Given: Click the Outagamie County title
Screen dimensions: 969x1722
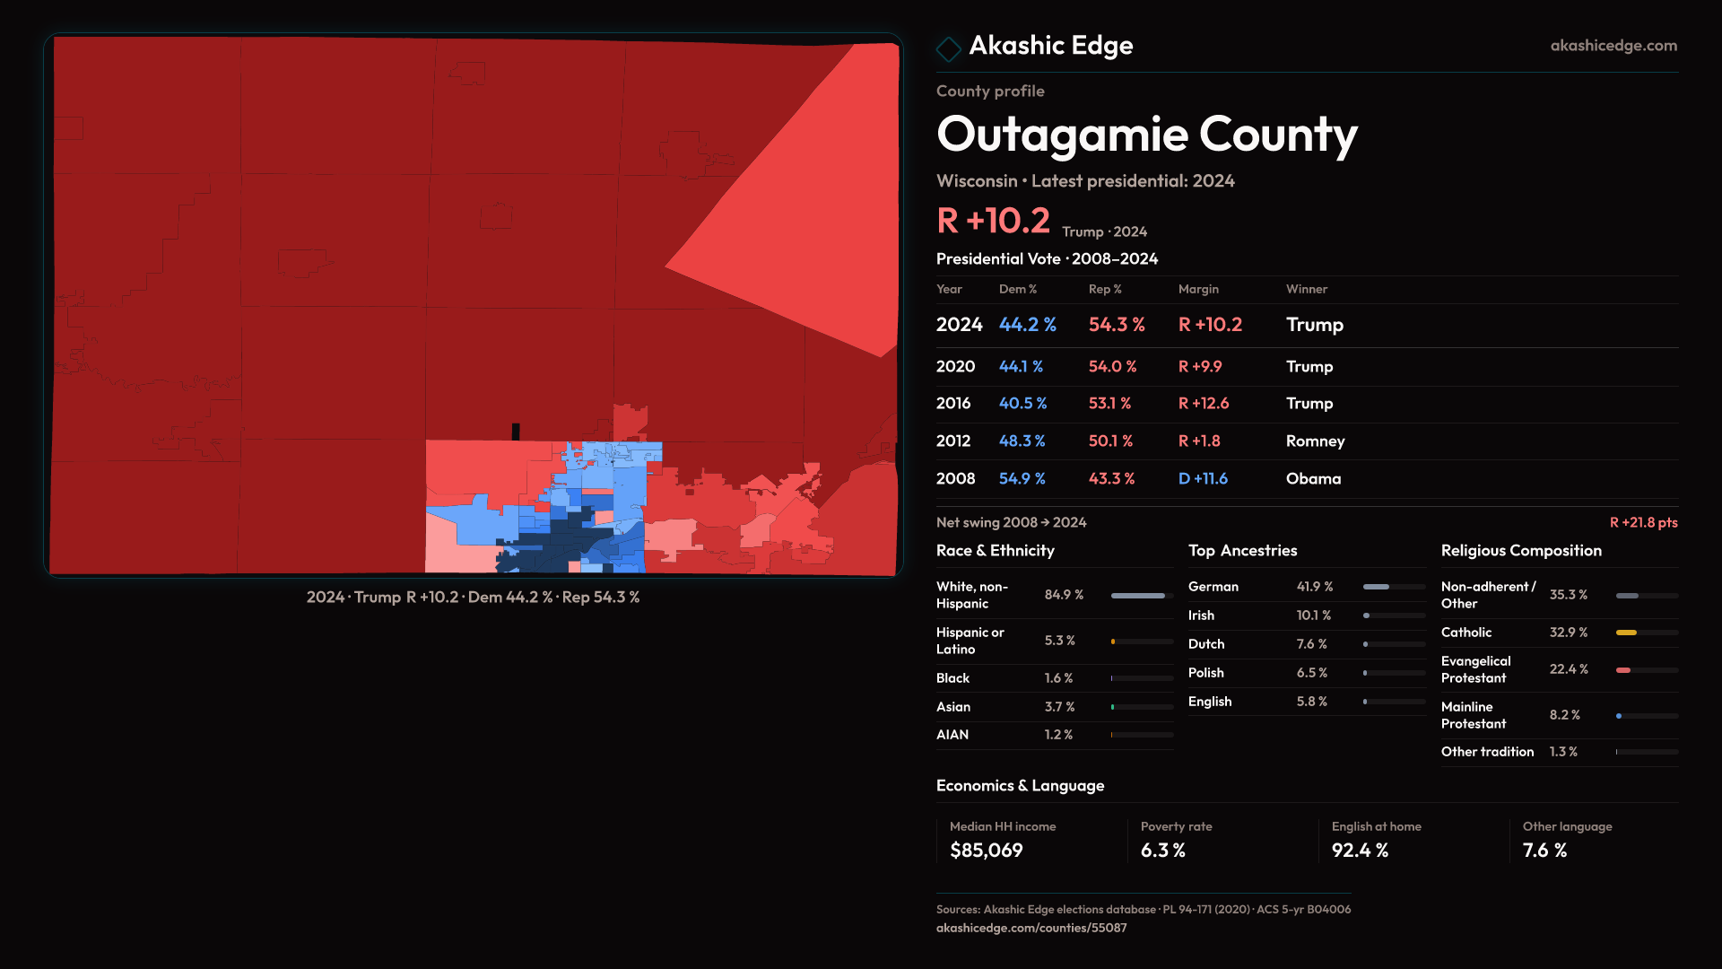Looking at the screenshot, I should click(1146, 135).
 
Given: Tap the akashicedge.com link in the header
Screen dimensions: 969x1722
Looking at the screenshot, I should click(1613, 46).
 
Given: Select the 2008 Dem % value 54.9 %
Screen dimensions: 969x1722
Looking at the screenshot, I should click(1022, 479).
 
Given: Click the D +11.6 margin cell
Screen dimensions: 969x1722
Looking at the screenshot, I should click(1202, 479).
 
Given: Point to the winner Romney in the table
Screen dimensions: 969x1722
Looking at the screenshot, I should click(1315, 441).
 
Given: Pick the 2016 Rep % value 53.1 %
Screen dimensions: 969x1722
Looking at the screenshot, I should click(1109, 404).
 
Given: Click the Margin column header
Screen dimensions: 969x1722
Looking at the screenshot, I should click(1198, 289).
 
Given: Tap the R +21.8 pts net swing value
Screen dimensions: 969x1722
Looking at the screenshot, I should click(1643, 522).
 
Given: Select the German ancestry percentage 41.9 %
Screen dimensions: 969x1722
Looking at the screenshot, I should click(1314, 587).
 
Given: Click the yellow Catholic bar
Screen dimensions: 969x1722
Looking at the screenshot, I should click(1626, 633).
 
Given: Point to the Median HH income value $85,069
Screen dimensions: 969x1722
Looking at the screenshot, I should click(986, 851).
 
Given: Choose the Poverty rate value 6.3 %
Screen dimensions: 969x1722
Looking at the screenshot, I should click(1162, 851).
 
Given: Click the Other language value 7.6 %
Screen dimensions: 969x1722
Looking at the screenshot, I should click(1544, 851).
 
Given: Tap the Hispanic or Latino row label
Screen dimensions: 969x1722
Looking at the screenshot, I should click(970, 641).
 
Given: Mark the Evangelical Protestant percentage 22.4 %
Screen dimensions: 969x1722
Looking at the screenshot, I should click(1568, 669).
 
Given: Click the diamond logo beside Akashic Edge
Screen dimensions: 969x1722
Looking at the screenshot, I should click(948, 48).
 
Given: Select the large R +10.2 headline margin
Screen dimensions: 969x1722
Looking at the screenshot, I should click(993, 221).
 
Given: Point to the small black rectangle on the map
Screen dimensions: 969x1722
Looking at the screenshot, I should click(516, 432).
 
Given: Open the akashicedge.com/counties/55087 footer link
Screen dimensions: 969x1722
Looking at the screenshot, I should click(1031, 928).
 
